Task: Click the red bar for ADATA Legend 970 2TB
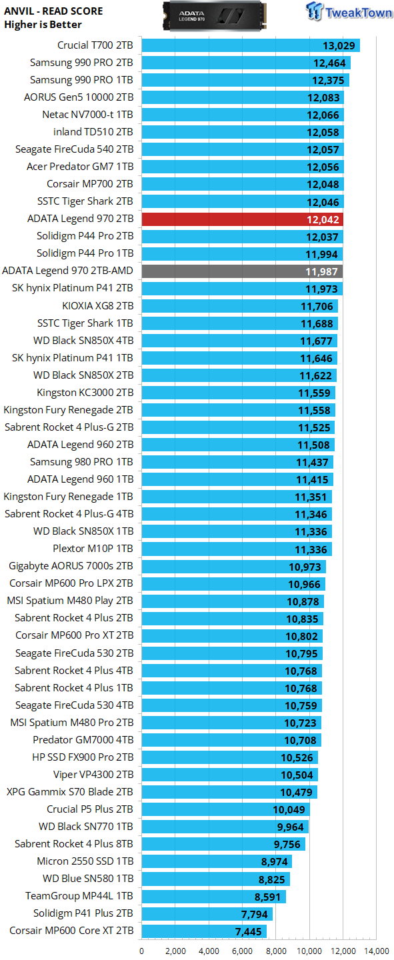coord(242,219)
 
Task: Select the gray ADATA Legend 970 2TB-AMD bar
coord(242,271)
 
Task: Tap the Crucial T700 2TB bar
coord(251,45)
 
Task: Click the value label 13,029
coord(339,46)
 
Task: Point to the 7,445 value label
coord(248,932)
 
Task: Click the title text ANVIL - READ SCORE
coord(53,11)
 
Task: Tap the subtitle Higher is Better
coord(43,25)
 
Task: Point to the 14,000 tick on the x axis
coord(377,951)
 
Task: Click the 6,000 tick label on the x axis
coord(242,951)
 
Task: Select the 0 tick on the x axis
coord(142,951)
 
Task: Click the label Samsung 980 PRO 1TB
coord(81,461)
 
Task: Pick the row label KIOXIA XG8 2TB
coord(98,305)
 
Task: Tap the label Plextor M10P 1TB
coord(93,548)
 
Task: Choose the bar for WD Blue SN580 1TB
coord(215,879)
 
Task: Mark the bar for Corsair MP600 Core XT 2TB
coord(204,931)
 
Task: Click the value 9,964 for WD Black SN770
coord(290,827)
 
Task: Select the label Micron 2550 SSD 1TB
coord(85,861)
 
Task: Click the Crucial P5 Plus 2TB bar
coord(226,809)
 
